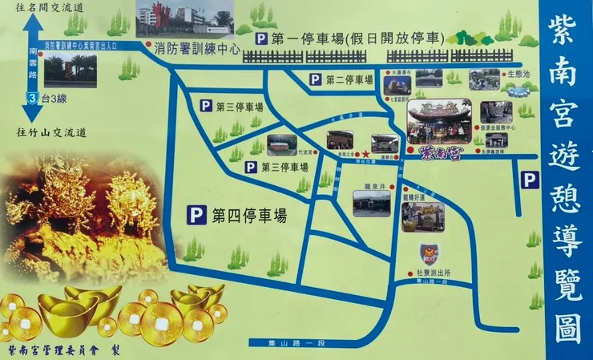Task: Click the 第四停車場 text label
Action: click(249, 215)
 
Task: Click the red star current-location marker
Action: click(365, 152)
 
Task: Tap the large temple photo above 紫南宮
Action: click(439, 120)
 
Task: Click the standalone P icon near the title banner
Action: click(529, 180)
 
